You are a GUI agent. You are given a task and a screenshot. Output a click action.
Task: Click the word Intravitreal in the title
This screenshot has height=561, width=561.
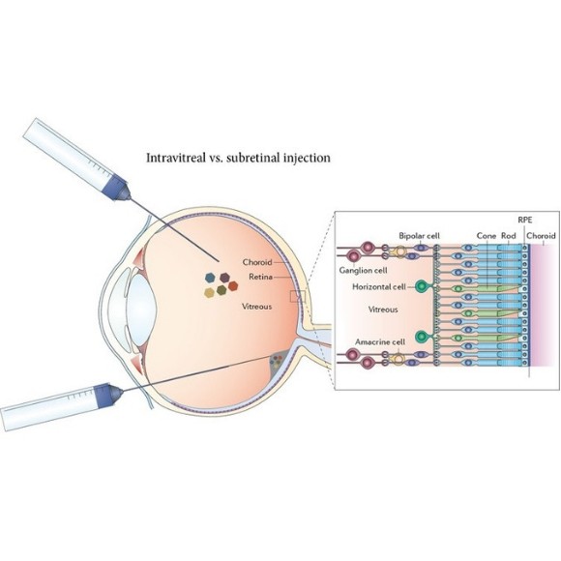pyautogui.click(x=175, y=157)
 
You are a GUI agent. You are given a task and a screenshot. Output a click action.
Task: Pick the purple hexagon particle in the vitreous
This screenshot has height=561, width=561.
pyautogui.click(x=225, y=277)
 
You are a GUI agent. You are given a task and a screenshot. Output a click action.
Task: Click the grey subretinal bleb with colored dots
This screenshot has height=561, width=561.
pyautogui.click(x=280, y=365)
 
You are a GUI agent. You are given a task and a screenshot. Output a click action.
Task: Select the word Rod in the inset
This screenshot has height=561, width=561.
pyautogui.click(x=509, y=236)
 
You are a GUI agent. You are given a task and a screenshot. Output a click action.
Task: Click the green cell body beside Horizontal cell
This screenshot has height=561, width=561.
pyautogui.click(x=422, y=287)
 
